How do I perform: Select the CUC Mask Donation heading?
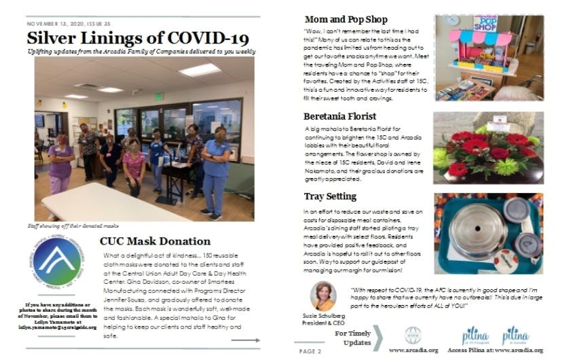click(154, 240)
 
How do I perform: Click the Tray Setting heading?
click(331, 196)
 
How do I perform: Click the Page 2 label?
click(310, 350)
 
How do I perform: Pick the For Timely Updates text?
click(352, 338)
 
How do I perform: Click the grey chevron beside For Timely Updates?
click(378, 338)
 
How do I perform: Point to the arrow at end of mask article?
click(241, 340)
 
